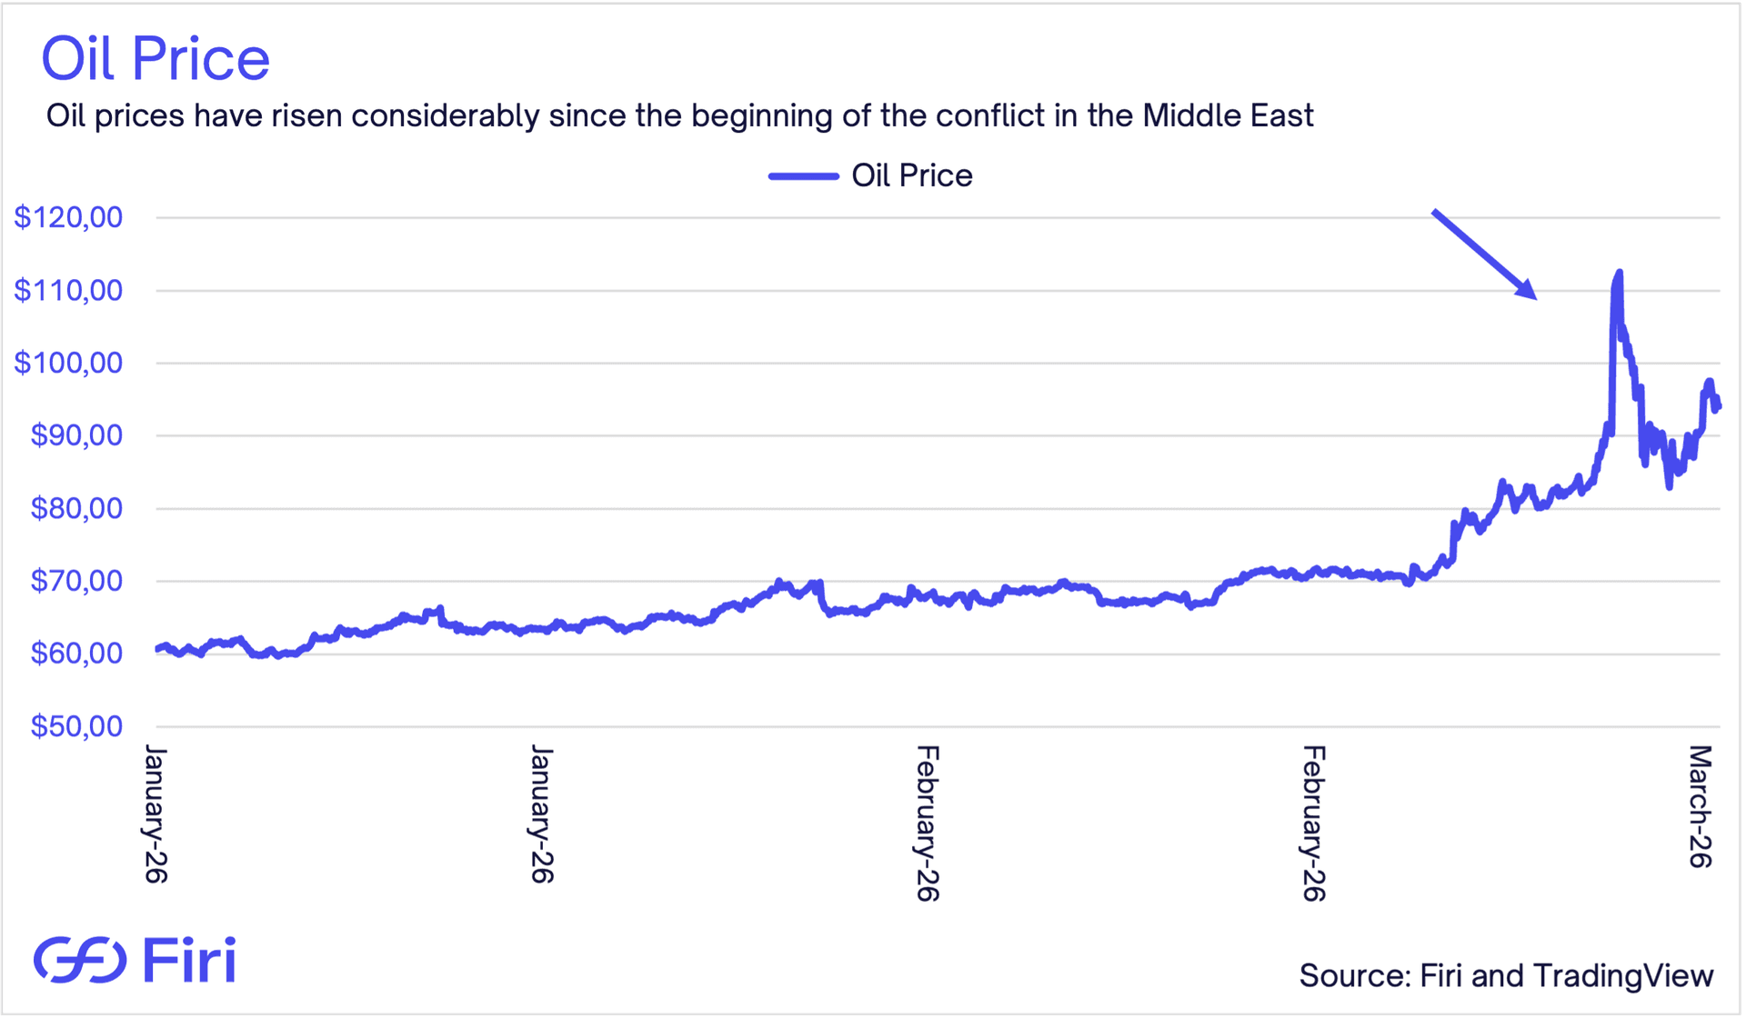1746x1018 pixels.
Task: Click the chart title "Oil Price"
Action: pos(156,59)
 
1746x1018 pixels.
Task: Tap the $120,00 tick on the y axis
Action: pos(68,217)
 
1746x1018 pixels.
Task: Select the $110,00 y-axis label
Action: pos(68,290)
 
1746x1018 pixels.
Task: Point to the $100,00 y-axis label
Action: pos(68,363)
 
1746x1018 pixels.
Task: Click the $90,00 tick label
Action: pos(76,435)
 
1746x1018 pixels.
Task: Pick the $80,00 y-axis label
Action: pos(76,508)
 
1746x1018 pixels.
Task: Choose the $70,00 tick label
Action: pos(76,581)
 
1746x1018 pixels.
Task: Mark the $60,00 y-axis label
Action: pos(76,654)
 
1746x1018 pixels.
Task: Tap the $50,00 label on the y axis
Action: pos(76,726)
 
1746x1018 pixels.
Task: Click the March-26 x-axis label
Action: pos(1700,806)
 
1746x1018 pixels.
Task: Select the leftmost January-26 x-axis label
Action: pos(156,813)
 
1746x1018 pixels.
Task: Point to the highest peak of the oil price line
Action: pos(1619,272)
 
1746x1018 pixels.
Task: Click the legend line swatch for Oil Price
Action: pos(803,175)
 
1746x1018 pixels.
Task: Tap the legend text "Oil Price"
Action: pos(911,175)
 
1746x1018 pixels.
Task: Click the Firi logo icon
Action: pos(80,960)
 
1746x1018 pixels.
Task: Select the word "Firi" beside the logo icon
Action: pos(190,960)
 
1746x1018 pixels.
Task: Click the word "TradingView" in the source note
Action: pos(1623,975)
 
